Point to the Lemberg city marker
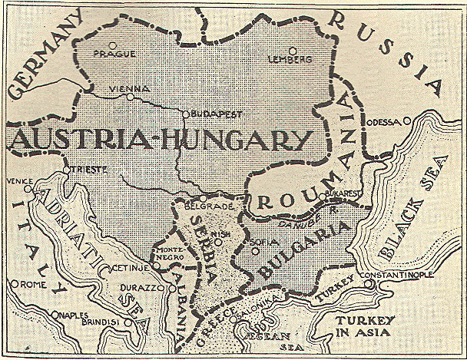(293, 51)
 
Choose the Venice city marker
(28, 188)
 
